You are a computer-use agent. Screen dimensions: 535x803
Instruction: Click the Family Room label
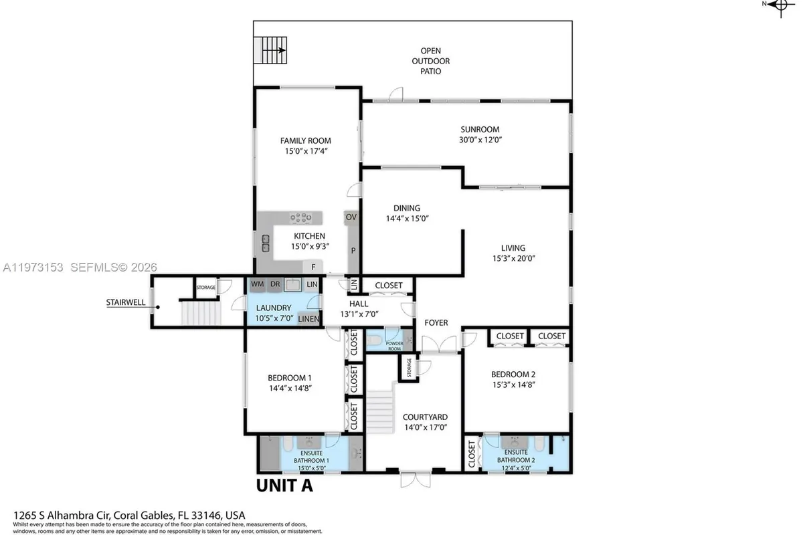point(305,140)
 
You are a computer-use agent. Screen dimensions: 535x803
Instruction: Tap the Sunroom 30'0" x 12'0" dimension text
point(480,140)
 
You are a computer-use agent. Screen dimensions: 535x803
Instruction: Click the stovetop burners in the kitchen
point(300,217)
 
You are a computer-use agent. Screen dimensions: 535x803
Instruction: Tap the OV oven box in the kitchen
point(351,217)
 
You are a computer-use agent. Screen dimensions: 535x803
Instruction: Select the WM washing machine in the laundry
point(257,285)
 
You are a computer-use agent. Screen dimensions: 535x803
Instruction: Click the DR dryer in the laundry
point(275,285)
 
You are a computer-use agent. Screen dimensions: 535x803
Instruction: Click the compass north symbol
point(778,5)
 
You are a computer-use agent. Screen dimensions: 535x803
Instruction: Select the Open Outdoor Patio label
point(430,60)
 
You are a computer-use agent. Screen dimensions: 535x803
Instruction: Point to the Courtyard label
point(425,417)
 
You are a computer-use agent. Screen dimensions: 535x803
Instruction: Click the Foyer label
point(436,323)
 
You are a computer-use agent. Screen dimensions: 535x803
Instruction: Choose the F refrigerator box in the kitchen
point(313,267)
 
